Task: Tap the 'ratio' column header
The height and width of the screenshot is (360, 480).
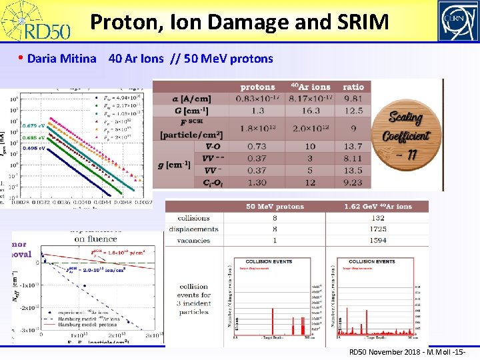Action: pos(353,87)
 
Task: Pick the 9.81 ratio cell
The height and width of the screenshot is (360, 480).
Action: pos(353,99)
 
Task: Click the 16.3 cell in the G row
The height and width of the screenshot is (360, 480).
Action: pos(311,111)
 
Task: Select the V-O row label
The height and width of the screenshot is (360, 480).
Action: pos(214,146)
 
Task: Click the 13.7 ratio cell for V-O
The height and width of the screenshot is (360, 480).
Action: pos(353,146)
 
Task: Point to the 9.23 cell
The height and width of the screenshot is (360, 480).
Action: pos(353,182)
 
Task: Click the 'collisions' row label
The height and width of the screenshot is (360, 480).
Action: pos(194,217)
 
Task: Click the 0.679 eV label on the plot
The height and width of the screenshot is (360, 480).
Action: pos(33,125)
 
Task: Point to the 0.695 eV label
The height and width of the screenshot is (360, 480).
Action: pos(33,147)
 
